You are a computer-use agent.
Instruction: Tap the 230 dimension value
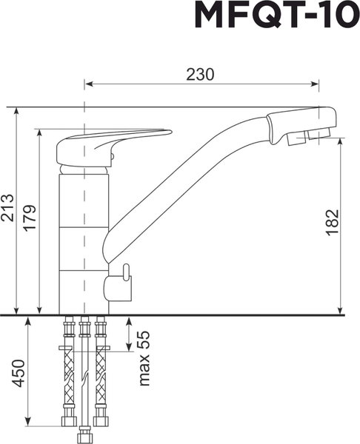point(200,74)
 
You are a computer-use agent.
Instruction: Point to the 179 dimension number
point(30,219)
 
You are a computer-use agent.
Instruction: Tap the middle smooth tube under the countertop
point(84,370)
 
